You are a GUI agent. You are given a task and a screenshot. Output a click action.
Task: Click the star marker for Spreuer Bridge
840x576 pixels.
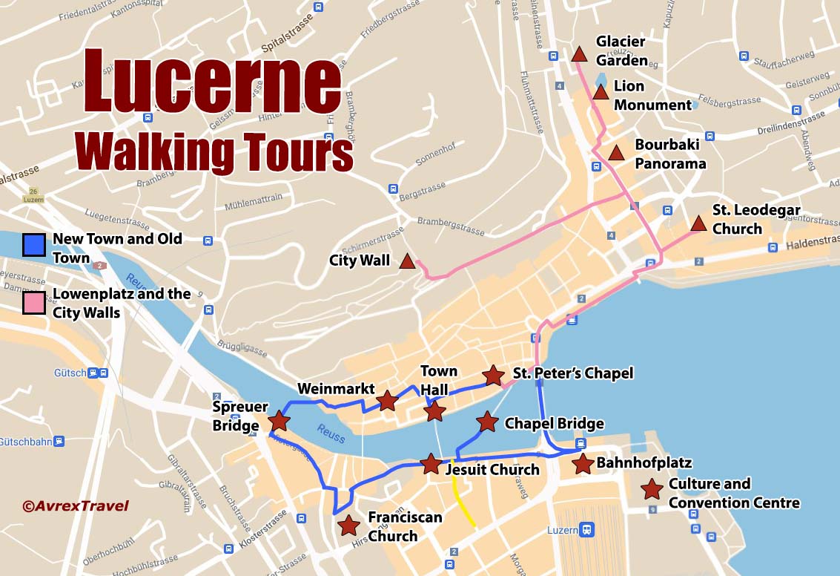point(279,421)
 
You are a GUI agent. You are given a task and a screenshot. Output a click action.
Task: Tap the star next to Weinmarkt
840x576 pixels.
point(387,401)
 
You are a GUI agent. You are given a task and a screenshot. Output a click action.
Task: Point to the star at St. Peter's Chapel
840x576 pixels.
point(493,375)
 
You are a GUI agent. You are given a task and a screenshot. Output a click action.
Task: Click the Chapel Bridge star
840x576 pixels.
point(487,422)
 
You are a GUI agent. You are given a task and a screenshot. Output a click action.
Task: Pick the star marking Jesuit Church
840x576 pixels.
point(431,464)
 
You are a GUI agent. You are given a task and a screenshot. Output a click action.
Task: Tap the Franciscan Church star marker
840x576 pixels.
point(348,526)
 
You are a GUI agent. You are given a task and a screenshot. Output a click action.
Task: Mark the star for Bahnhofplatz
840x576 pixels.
point(583,464)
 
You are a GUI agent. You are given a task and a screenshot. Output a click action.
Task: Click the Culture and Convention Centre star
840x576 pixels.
point(652,489)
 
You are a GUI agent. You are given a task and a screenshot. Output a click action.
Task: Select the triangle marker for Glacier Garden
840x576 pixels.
point(579,54)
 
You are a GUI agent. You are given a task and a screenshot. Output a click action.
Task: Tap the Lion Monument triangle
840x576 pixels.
point(601,91)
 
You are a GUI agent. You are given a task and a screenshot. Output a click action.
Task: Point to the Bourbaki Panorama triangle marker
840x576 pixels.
point(616,153)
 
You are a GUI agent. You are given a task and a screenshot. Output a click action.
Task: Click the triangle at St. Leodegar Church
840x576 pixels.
point(698,223)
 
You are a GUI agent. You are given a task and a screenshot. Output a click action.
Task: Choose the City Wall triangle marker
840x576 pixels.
point(406,261)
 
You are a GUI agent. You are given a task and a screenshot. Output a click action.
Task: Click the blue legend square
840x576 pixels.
point(34,244)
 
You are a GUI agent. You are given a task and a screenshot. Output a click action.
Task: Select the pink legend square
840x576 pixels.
point(34,303)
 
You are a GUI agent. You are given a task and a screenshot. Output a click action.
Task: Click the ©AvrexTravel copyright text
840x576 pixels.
point(75,506)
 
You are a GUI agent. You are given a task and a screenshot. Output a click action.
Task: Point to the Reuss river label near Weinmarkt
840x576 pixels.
point(331,433)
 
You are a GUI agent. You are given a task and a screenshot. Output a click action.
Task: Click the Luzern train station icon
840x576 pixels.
point(587,530)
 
